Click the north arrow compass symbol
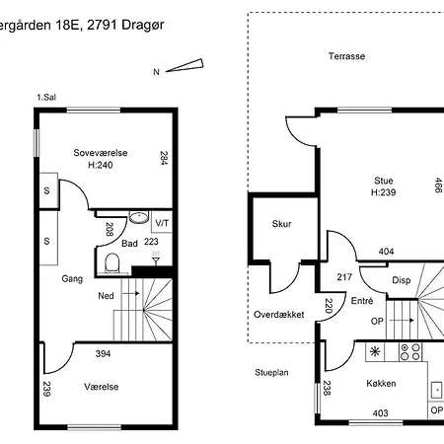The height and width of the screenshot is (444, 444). click(185, 65)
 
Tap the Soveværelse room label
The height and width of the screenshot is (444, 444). click(101, 153)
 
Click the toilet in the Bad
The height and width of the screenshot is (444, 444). click(112, 263)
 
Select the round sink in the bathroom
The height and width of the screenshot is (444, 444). click(139, 217)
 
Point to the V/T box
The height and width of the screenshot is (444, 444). click(162, 222)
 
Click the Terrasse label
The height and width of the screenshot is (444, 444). click(346, 56)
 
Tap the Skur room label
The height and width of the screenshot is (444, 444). click(282, 224)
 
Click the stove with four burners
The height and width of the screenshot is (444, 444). click(410, 351)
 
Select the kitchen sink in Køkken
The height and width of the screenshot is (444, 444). click(437, 390)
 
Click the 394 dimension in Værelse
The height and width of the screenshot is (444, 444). click(103, 354)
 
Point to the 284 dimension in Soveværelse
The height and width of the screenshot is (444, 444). click(164, 158)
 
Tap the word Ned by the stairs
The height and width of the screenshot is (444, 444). click(106, 296)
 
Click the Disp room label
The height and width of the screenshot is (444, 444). click(402, 280)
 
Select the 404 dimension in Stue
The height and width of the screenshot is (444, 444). click(386, 252)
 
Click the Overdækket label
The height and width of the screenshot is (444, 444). click(279, 315)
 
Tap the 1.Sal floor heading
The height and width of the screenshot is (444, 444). click(46, 98)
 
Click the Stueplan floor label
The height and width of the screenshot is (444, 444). click(271, 373)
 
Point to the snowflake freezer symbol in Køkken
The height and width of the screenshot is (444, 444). click(375, 351)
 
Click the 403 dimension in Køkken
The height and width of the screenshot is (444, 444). click(380, 413)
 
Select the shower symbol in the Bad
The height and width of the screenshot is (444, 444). click(156, 258)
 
